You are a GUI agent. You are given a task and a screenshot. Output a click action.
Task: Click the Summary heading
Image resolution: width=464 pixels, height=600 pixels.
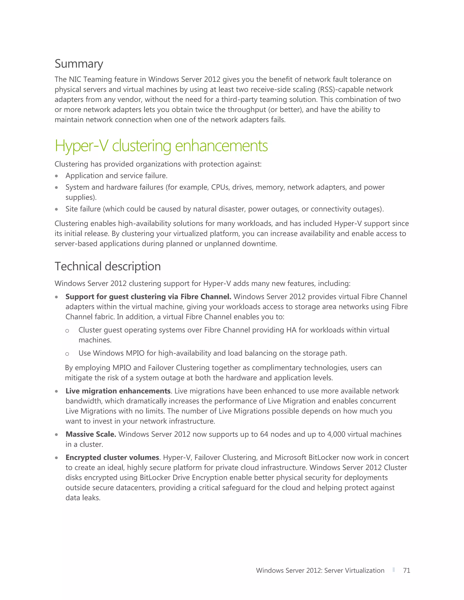tap(79, 64)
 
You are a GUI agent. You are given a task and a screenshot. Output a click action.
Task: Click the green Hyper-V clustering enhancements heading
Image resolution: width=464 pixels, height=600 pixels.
tap(161, 146)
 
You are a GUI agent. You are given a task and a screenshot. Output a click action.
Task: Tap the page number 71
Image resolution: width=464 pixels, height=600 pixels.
tap(406, 570)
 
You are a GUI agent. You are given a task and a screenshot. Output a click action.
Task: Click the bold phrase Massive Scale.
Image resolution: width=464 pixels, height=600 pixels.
tap(91, 434)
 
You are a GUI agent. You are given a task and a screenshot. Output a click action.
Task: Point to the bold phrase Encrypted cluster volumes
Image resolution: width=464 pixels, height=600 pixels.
tap(112, 457)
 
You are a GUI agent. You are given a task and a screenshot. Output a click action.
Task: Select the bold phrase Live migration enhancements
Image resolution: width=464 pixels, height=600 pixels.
tap(118, 391)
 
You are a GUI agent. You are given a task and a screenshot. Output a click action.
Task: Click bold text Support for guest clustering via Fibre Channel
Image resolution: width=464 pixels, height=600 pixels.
tap(148, 297)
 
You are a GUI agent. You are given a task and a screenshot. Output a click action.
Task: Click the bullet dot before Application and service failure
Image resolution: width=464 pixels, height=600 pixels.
tap(56, 176)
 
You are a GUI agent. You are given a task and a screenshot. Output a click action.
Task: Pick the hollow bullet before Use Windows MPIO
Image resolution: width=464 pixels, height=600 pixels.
tap(67, 354)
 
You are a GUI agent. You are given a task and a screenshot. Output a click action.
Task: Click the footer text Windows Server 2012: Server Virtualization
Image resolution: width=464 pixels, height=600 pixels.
tap(320, 570)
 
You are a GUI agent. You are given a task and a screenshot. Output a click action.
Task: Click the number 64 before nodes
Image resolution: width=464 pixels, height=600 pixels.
tap(264, 434)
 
